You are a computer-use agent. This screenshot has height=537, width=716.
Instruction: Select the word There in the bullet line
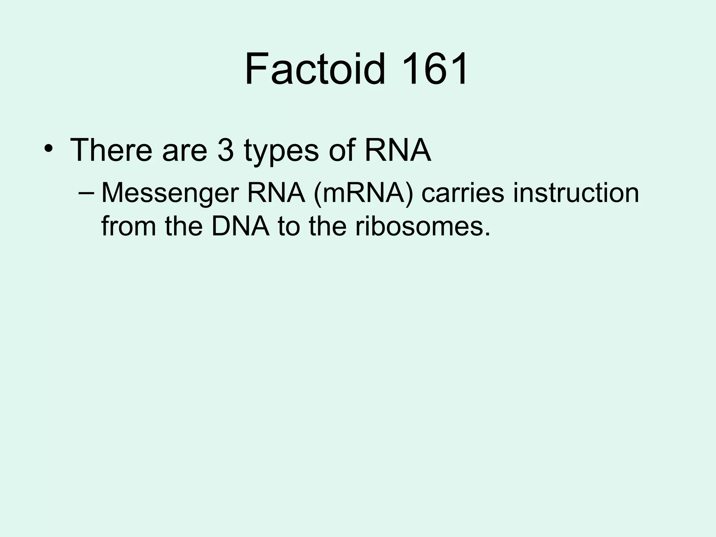(x=112, y=150)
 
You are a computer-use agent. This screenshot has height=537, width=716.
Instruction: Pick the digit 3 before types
(x=225, y=150)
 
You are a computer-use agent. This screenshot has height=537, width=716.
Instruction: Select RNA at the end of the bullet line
(x=398, y=150)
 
